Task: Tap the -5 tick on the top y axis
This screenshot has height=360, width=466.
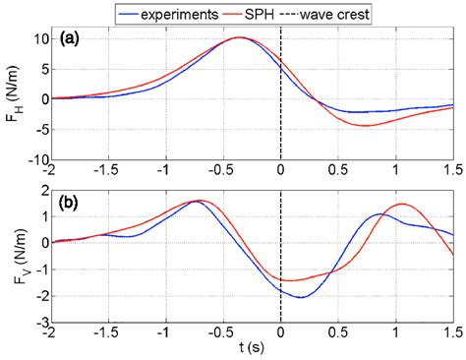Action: point(40,129)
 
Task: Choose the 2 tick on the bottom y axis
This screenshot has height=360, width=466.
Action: point(44,188)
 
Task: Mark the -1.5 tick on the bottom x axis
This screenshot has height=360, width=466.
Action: point(110,333)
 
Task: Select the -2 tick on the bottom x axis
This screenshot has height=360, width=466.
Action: point(53,333)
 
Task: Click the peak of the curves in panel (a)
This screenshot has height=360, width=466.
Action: point(240,37)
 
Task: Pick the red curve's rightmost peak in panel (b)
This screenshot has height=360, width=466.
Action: point(402,204)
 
